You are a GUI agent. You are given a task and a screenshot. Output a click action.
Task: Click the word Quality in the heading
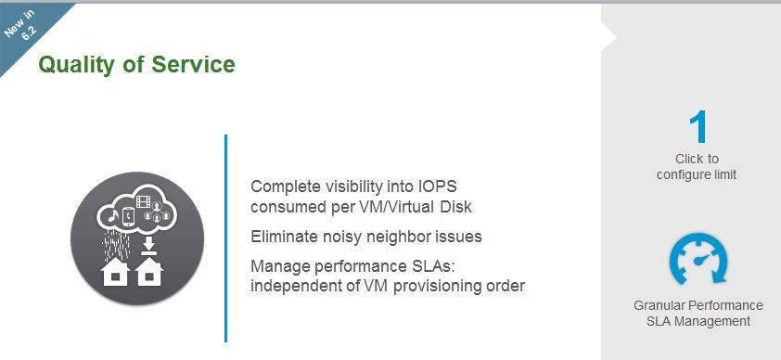[x=76, y=65]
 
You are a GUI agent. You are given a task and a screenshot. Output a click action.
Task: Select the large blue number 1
[x=698, y=127]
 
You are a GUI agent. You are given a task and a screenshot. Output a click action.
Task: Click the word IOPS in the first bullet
[x=435, y=186]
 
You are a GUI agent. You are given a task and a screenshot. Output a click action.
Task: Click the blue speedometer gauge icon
[x=698, y=259]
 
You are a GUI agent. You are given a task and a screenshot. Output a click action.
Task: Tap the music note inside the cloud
[x=113, y=216]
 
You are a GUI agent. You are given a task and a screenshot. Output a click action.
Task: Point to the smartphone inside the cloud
[x=129, y=215]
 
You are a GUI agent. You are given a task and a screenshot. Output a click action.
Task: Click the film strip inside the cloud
[x=144, y=201]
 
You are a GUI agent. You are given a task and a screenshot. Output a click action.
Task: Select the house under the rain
[x=115, y=272]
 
